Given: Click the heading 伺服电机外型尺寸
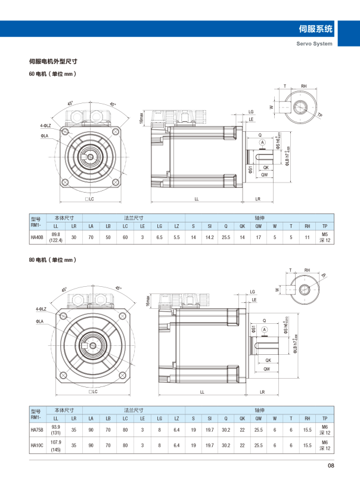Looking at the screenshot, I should pos(54,61).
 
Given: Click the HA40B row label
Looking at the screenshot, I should pos(37,237).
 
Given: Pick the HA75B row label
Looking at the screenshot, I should pos(37,429).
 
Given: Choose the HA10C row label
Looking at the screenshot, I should pos(37,445).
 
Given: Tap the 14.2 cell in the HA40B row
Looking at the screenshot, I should pos(209,237).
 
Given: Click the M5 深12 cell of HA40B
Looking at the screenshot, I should pos(325,237).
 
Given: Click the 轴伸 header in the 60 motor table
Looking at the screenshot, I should pos(259,218).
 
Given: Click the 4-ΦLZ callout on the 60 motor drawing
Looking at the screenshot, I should pos(45,126).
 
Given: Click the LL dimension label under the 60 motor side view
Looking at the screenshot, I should pos(196,198).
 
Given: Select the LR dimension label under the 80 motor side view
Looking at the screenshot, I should pos(263,392).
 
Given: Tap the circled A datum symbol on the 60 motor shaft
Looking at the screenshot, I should pos(262,141).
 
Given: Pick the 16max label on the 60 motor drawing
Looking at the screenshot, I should pos(141,119).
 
